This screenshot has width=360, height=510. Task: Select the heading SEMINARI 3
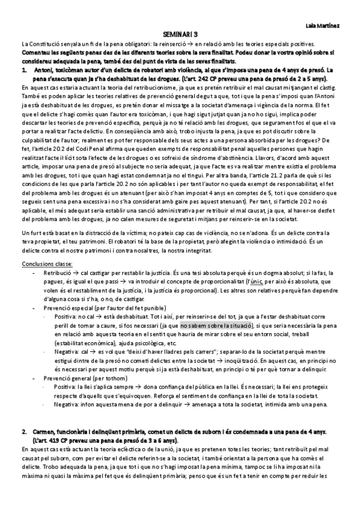coord(180,36)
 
